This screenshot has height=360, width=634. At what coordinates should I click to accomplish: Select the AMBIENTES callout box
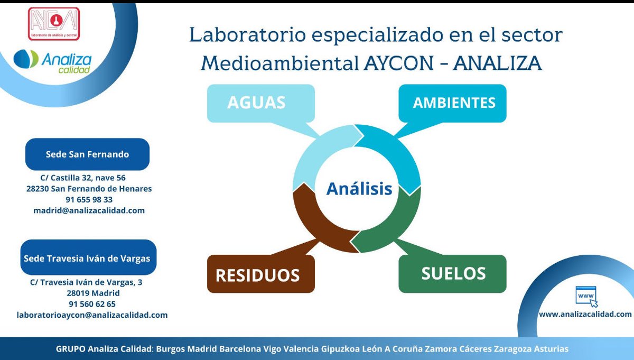(x=454, y=103)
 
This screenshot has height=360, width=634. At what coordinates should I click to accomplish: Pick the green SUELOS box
(x=453, y=273)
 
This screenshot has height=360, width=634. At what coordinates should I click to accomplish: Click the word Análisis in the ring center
(x=359, y=189)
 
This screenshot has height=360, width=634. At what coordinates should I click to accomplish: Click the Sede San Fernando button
(x=87, y=154)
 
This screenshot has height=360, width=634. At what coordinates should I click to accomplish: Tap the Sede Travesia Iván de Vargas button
(x=87, y=259)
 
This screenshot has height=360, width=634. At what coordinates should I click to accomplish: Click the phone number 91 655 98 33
(x=89, y=200)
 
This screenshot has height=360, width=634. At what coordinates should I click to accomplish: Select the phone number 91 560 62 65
(x=92, y=304)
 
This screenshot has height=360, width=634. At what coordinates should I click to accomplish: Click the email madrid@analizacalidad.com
(x=89, y=210)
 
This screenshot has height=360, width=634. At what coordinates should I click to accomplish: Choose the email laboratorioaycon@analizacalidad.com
(x=92, y=315)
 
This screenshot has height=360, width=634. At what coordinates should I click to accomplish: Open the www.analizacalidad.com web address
(x=585, y=314)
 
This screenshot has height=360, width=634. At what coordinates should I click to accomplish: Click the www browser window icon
(x=585, y=296)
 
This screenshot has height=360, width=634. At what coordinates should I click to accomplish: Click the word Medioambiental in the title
(x=279, y=63)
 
